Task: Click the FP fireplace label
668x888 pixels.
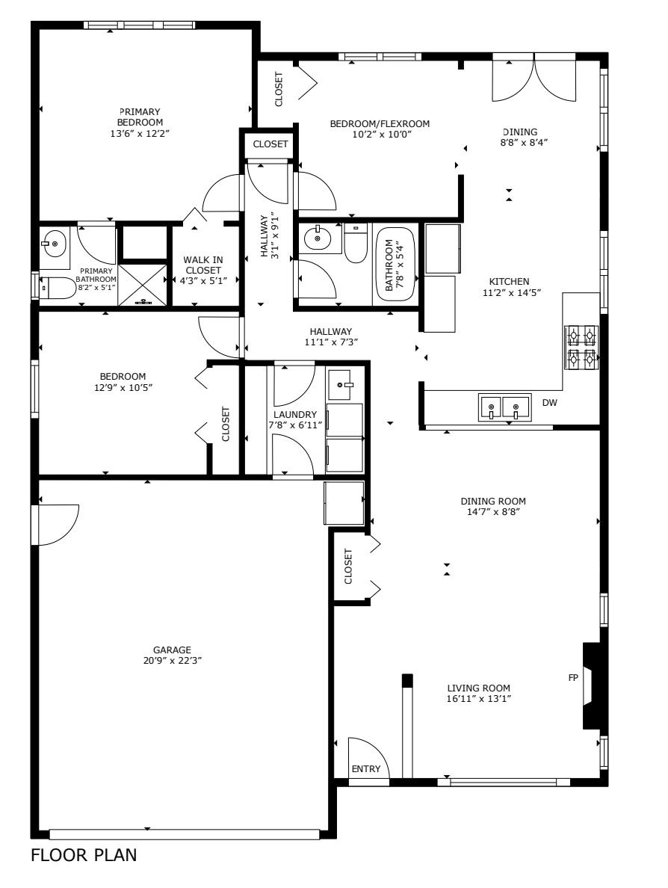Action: [573, 678]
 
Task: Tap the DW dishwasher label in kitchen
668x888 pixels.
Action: [550, 403]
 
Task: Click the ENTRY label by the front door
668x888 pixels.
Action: [366, 769]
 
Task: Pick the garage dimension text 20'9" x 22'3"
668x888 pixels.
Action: [173, 661]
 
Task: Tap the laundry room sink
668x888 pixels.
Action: [345, 385]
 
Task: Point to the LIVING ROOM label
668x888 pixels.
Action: [478, 688]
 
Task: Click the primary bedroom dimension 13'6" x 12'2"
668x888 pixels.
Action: [140, 134]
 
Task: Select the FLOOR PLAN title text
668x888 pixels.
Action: [84, 855]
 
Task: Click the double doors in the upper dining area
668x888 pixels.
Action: [534, 78]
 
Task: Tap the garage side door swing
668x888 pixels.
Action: [57, 525]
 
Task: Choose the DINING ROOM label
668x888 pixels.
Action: [493, 502]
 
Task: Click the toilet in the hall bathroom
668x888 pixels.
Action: [356, 245]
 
